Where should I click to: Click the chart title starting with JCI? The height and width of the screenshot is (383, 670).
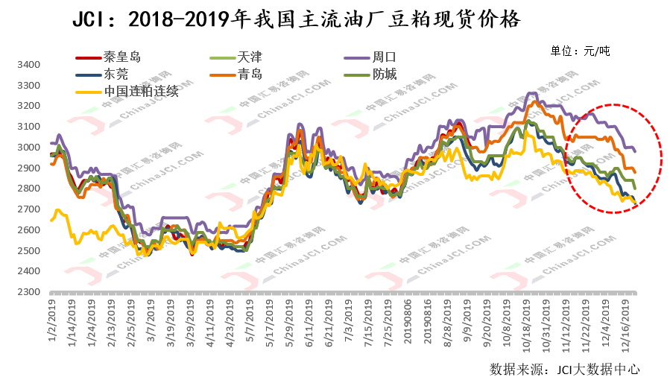pyautogui.click(x=296, y=19)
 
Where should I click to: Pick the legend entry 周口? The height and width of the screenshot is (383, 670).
pyautogui.click(x=384, y=56)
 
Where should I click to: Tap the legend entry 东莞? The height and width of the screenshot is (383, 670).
pyautogui.click(x=116, y=74)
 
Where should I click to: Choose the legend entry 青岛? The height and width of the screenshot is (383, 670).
pyautogui.click(x=250, y=74)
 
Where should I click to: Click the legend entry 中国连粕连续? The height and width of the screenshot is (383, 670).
pyautogui.click(x=141, y=91)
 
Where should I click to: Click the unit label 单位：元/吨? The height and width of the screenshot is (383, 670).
pyautogui.click(x=580, y=51)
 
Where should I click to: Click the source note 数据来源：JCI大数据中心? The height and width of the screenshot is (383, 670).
pyautogui.click(x=564, y=369)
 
